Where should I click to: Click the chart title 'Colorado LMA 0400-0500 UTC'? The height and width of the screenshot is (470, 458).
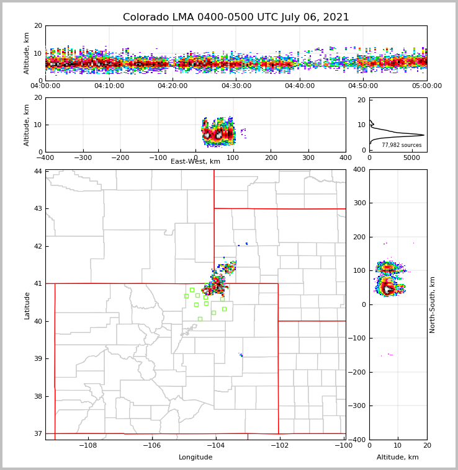coord(236,17)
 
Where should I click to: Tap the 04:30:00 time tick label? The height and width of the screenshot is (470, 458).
coord(236,86)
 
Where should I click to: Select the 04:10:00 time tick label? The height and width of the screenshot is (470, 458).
coord(109,86)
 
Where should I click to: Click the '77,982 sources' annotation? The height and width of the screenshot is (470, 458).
coord(402,145)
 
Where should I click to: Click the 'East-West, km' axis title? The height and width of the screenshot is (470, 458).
coord(195,162)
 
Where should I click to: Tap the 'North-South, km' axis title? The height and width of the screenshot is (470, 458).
coord(433,304)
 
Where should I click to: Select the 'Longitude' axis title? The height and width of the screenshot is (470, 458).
coord(195,458)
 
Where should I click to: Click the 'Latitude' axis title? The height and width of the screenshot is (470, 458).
coord(27,305)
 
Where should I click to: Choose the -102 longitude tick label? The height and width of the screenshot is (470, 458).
coord(279,446)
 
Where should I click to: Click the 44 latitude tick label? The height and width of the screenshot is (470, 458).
coord(38,171)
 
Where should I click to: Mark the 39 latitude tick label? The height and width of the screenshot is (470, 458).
coord(38,358)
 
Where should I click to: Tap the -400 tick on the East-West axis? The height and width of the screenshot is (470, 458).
coord(45,158)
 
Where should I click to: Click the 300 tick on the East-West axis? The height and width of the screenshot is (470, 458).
coord(308,158)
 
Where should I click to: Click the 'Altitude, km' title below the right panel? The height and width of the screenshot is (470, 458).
coord(398,458)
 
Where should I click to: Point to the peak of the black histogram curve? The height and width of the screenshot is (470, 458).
coord(424,135)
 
